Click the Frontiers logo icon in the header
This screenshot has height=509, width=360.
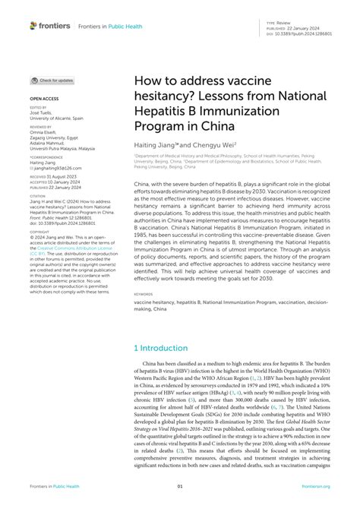[x=33, y=26]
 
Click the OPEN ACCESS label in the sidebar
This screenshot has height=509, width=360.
[x=43, y=99]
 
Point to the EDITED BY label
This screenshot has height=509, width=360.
[x=37, y=109]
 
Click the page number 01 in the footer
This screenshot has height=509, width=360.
[x=180, y=487]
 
